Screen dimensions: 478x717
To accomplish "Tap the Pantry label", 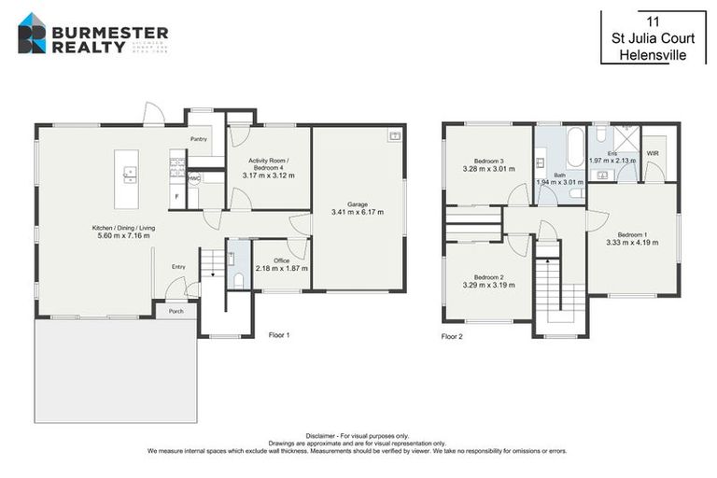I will click(x=198, y=139).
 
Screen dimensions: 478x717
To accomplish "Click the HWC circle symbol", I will click(x=194, y=178).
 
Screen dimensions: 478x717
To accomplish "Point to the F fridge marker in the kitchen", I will click(x=176, y=197).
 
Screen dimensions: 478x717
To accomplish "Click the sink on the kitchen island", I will click(x=129, y=172).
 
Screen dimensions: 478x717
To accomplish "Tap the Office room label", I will click(x=281, y=260).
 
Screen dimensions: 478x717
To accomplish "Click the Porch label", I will click(x=176, y=312).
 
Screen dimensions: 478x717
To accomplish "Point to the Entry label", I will click(x=177, y=267).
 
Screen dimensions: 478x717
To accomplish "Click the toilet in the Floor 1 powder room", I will click(x=239, y=279).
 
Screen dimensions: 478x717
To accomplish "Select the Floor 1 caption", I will click(x=279, y=334).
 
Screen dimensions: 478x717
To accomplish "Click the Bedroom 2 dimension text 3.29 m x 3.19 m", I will click(x=488, y=285).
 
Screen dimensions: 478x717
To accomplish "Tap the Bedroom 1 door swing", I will click(x=593, y=220).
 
